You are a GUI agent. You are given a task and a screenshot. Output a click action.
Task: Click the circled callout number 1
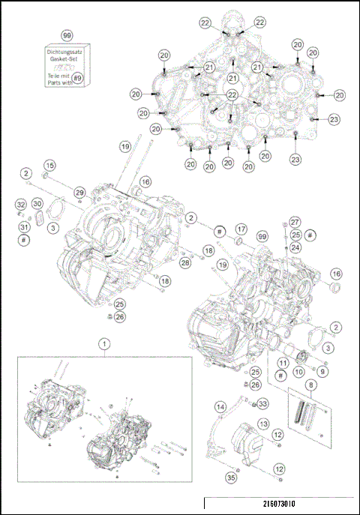[103, 343]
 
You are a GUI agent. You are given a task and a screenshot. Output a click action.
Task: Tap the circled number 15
[49, 165]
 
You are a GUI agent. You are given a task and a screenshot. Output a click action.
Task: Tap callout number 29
[79, 193]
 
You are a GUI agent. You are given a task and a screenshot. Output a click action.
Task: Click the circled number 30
[37, 204]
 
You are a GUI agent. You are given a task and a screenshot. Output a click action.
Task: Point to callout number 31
[24, 227]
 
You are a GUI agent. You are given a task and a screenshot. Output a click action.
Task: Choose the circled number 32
[21, 204]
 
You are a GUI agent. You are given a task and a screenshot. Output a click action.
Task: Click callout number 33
[262, 404]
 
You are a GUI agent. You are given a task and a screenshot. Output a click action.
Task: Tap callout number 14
[220, 407]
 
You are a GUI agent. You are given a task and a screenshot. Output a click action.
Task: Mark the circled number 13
[262, 424]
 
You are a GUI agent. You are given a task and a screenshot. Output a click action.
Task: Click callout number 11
[283, 362]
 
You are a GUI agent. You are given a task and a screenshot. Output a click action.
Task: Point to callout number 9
[322, 371]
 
